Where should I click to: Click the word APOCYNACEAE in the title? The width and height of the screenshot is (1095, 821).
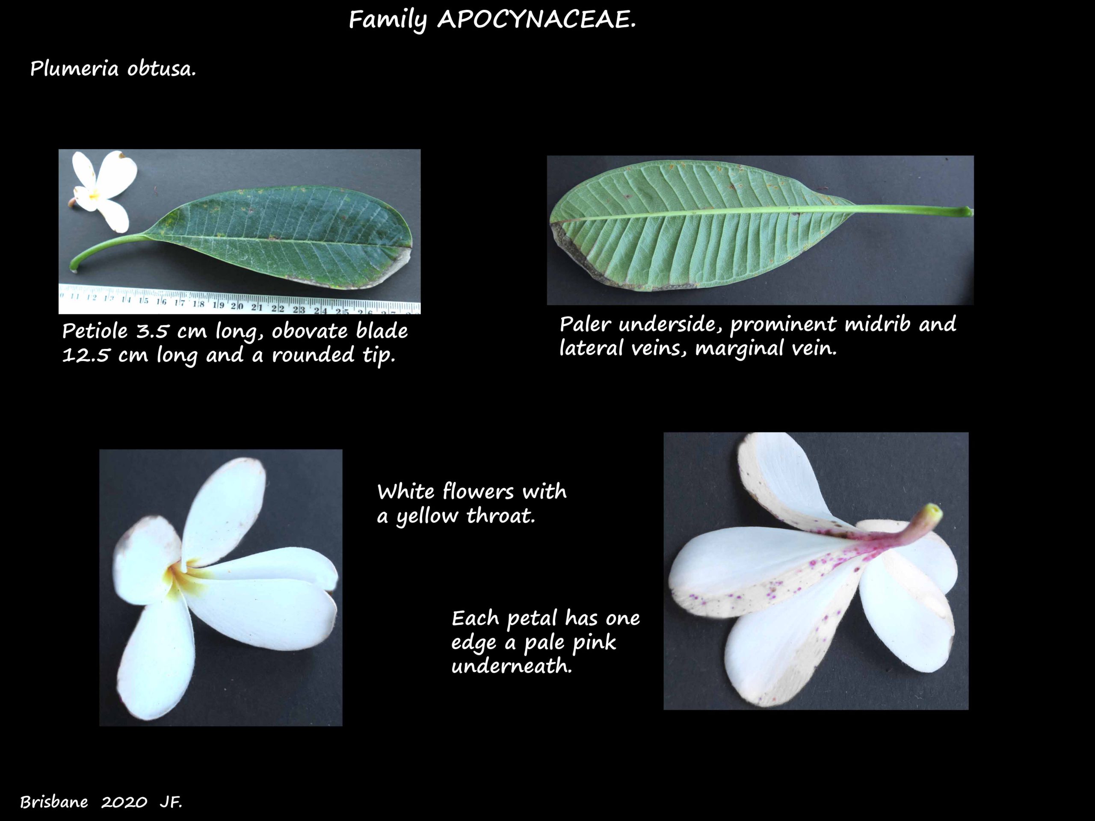tap(536, 20)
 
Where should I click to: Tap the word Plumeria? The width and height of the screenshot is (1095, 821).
tap(74, 68)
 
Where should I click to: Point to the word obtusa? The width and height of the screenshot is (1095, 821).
tap(161, 68)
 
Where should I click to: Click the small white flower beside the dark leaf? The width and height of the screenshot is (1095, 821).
tap(104, 191)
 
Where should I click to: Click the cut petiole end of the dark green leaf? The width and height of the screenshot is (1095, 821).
tap(74, 268)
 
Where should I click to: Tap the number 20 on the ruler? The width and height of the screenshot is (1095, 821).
tap(237, 306)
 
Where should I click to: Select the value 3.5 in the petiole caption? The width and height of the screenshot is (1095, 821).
tap(152, 331)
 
